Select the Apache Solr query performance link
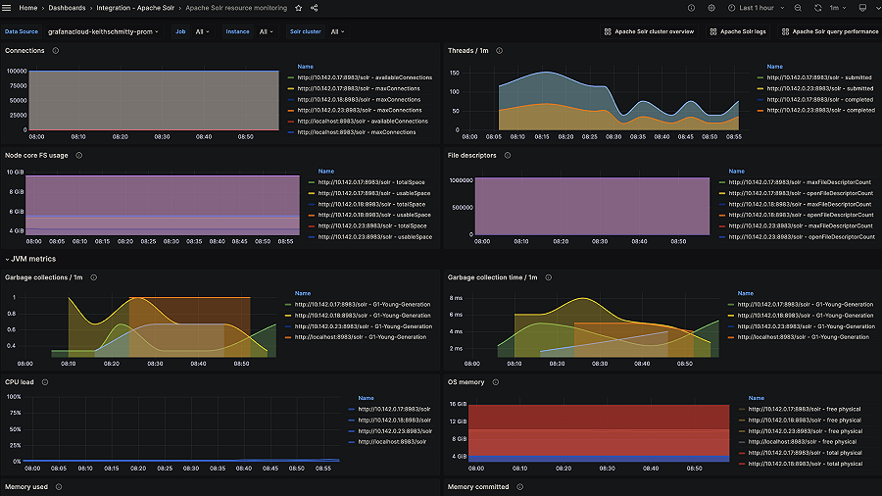(x=835, y=31)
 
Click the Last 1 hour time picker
(x=756, y=8)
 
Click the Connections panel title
(x=24, y=50)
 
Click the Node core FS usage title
(x=36, y=155)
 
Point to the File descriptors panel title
(x=472, y=155)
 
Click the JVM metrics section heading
(x=33, y=259)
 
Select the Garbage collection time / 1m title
(x=493, y=277)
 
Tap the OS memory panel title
(x=467, y=382)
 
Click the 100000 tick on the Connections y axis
(x=15, y=72)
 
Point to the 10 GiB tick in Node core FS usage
(x=16, y=173)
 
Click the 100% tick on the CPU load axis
(x=14, y=397)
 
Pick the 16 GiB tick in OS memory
(x=458, y=404)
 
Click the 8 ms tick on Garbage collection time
(x=457, y=297)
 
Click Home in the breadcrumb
(x=28, y=8)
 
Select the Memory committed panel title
(x=479, y=486)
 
